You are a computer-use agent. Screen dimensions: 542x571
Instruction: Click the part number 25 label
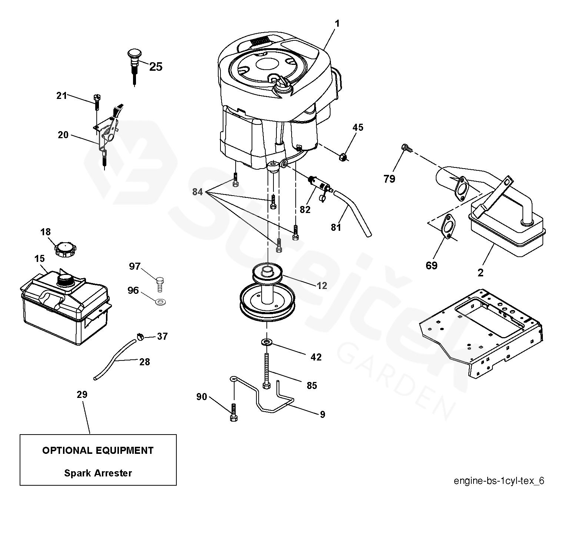click(x=156, y=67)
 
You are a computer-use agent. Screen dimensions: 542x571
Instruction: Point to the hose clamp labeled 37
click(x=140, y=337)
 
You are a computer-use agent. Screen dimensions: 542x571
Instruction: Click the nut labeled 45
click(x=343, y=157)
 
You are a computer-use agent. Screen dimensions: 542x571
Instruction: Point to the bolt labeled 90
click(x=233, y=412)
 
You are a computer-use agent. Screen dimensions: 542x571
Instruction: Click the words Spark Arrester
click(x=98, y=473)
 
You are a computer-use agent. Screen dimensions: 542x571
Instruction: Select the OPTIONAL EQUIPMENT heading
click(x=98, y=450)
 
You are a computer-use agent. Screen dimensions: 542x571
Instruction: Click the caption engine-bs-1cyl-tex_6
click(x=499, y=481)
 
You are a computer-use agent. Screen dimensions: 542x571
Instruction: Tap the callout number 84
click(x=197, y=192)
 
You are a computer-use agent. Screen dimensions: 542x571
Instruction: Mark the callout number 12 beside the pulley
click(x=322, y=286)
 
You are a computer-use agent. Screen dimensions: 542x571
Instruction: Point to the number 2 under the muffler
click(x=480, y=273)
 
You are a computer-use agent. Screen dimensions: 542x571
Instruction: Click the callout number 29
click(x=82, y=395)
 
